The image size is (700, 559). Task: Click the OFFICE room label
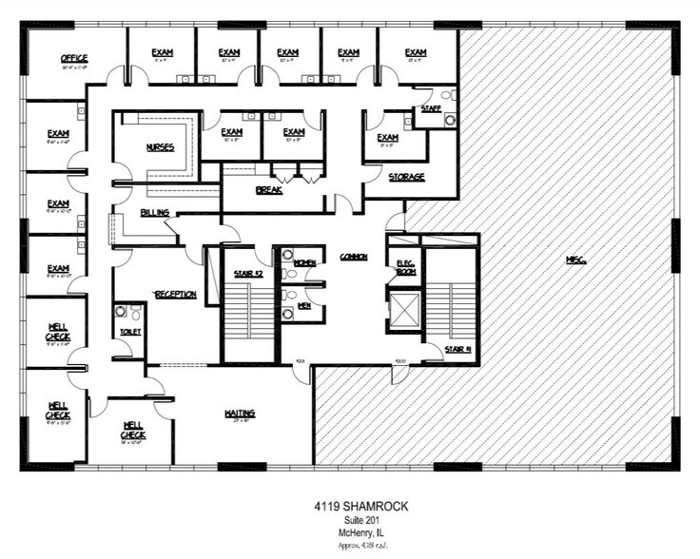(x=74, y=58)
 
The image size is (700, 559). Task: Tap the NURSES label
(x=160, y=147)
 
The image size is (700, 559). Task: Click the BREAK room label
(x=269, y=190)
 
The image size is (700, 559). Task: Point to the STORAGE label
(x=406, y=177)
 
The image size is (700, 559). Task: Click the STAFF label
(x=431, y=108)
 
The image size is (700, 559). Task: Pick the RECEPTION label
(x=175, y=295)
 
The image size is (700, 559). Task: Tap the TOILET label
(x=129, y=331)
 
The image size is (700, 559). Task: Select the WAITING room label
(x=240, y=413)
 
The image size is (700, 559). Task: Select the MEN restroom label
(x=304, y=305)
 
